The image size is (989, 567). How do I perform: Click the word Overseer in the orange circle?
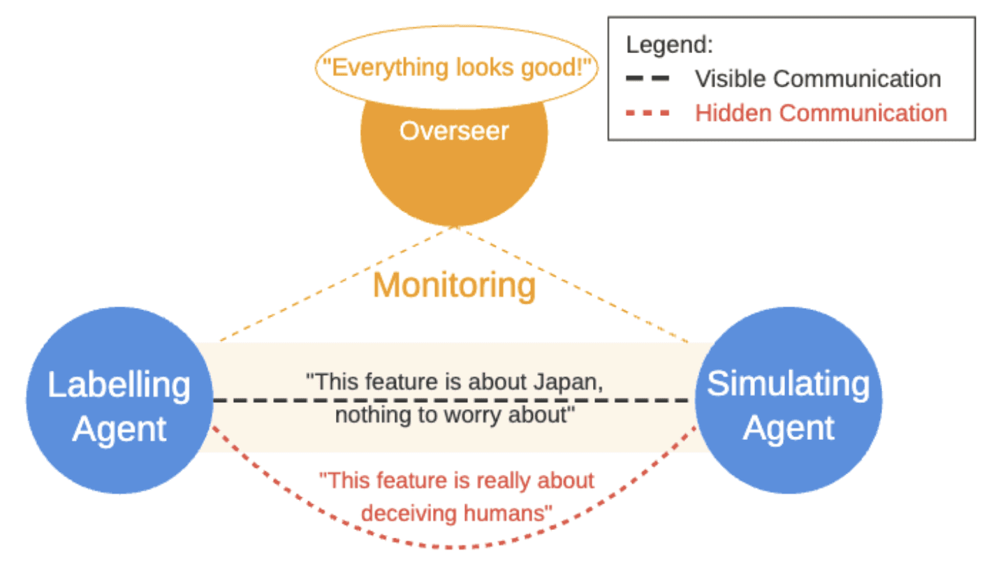[x=454, y=131]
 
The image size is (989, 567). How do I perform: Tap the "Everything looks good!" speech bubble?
[x=457, y=67]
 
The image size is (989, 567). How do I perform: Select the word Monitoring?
[x=454, y=286]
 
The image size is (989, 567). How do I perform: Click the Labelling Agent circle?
[x=119, y=400]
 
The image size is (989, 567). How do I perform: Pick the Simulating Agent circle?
[x=789, y=400]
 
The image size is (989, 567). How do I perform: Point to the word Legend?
[x=669, y=45]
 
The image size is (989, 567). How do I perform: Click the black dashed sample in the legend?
[x=647, y=78]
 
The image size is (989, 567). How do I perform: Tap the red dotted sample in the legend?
[x=647, y=113]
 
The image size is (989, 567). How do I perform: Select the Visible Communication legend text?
[x=818, y=79]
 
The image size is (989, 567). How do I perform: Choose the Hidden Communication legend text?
[x=821, y=113]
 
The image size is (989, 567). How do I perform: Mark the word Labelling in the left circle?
[x=119, y=385]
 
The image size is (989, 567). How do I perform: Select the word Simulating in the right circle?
[x=789, y=384]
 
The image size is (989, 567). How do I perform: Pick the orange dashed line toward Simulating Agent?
[x=572, y=284]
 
